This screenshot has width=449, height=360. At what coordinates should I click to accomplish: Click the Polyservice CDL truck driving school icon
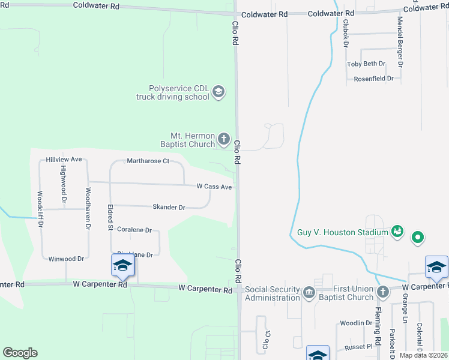point(218,92)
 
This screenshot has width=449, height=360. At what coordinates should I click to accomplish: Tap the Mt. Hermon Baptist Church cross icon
point(223,139)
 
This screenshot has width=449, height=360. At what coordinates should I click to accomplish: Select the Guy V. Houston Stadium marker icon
point(396,231)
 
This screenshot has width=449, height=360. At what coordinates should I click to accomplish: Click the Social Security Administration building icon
point(309,293)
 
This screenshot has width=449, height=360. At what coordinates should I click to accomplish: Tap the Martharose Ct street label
point(148,161)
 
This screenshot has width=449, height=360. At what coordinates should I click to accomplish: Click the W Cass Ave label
point(214,187)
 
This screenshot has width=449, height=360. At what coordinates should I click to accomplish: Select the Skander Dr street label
point(169,207)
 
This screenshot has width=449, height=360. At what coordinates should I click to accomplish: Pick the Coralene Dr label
point(134,230)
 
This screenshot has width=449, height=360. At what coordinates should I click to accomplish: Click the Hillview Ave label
point(64,160)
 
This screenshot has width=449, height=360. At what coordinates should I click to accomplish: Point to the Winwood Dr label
point(66,259)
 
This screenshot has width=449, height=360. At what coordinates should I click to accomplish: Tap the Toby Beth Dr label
point(366,64)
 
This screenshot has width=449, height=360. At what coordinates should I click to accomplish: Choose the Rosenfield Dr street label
point(373,79)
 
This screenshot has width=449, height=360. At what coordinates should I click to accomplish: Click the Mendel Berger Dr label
point(400,41)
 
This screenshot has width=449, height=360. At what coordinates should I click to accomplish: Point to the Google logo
point(20,353)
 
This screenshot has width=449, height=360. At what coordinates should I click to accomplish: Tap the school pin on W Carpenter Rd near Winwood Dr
point(122,266)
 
